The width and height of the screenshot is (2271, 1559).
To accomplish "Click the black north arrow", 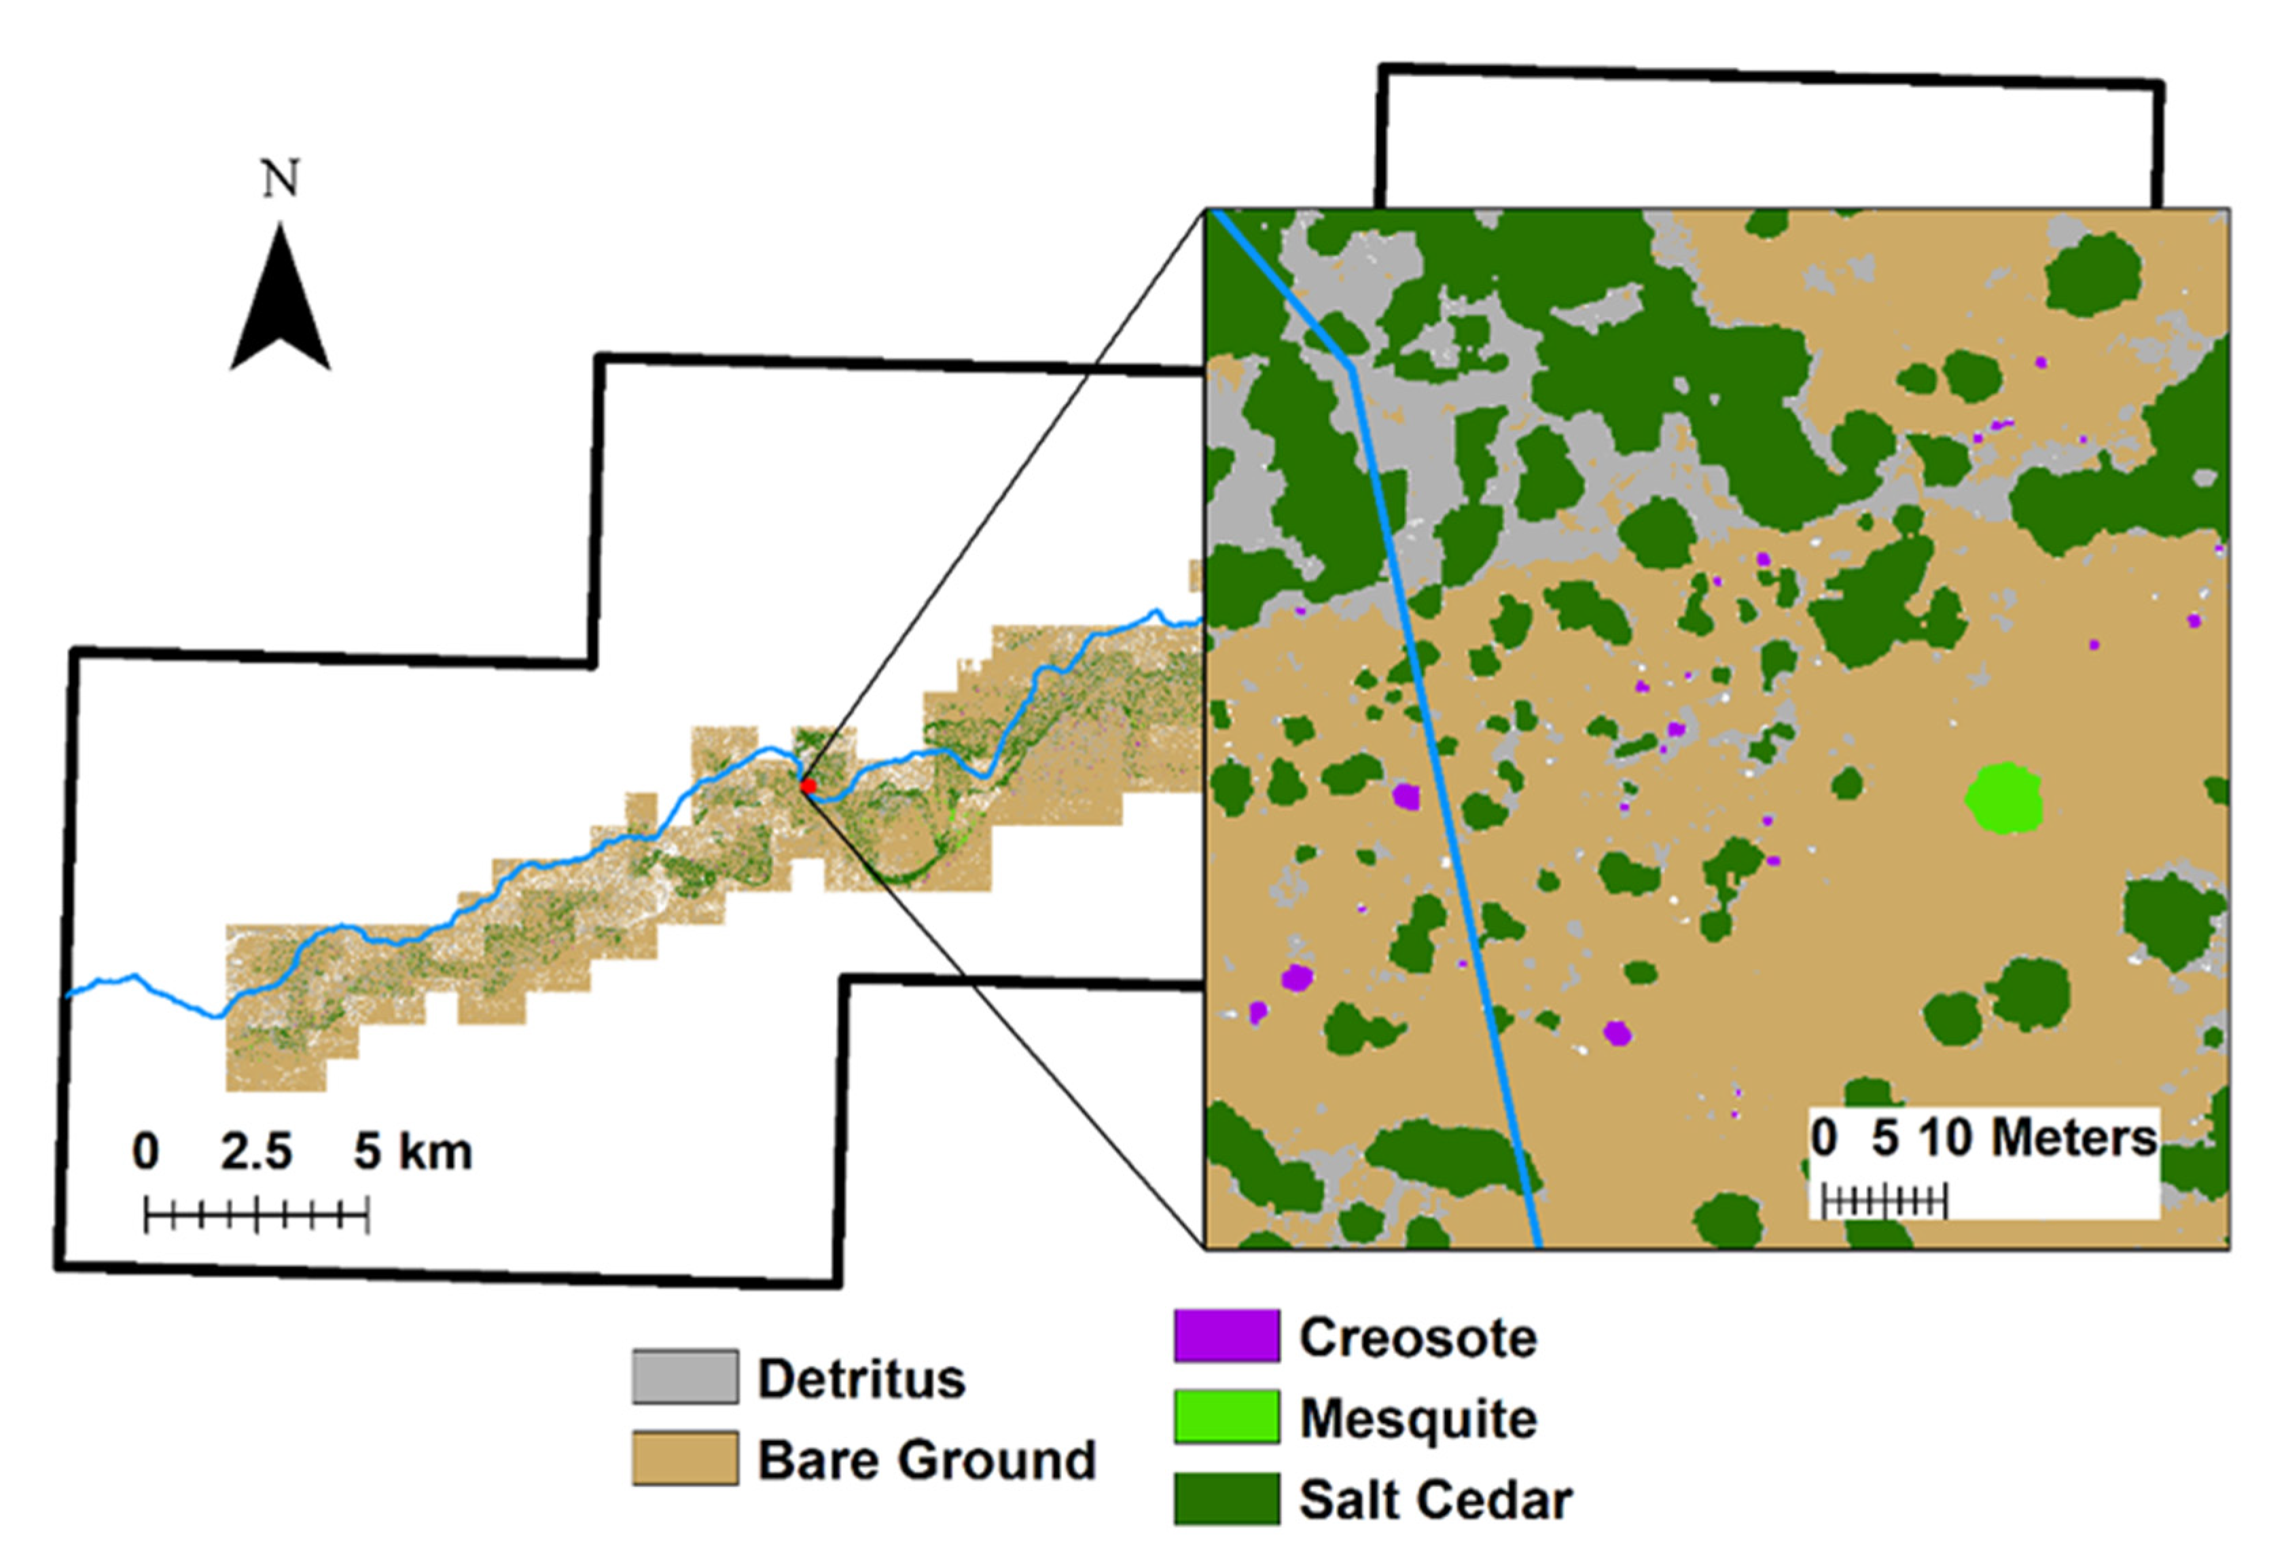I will (281, 303).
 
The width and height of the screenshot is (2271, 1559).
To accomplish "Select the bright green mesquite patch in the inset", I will (2004, 797).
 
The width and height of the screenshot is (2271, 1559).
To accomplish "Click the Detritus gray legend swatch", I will (684, 1376).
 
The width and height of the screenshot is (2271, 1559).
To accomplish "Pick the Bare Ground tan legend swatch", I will (684, 1459).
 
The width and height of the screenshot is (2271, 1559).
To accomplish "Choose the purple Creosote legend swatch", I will (1226, 1336).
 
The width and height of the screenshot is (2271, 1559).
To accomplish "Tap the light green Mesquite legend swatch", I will (1226, 1416).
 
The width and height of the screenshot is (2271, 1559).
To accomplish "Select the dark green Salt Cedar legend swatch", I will (1226, 1499).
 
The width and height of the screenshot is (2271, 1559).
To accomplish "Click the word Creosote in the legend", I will (1417, 1336).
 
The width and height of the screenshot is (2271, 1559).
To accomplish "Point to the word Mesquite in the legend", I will (1418, 1418).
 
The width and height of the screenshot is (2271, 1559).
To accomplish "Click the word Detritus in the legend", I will (861, 1378).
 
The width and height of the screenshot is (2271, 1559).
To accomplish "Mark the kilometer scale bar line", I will (256, 1217).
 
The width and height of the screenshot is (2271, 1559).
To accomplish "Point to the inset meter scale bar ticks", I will (1884, 1200).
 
